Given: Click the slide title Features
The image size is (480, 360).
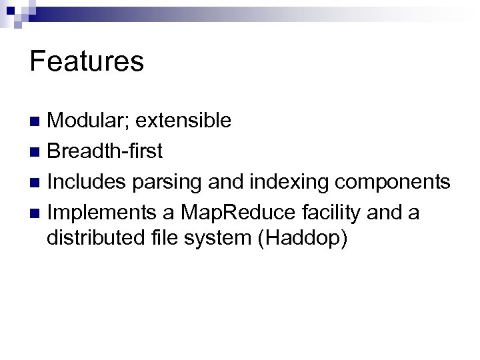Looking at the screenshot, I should pos(87,62).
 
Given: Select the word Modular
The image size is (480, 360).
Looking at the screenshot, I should pos(89,121).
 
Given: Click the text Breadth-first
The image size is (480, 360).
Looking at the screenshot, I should pos(105,152).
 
